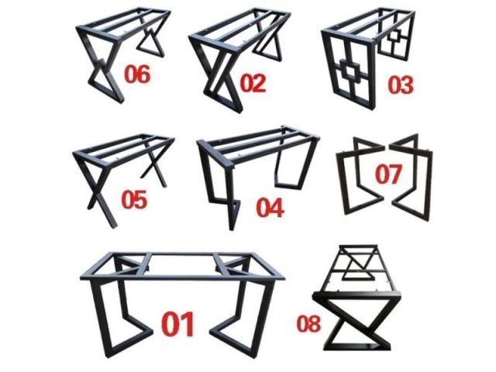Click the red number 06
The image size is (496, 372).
137,74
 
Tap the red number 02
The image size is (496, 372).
253,83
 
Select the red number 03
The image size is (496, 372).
401,84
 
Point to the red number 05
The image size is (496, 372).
134,199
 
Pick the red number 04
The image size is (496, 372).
270,208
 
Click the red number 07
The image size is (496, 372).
388,174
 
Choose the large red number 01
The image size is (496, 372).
177,323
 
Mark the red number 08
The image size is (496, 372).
308,323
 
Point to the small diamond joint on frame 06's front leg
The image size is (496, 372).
100,64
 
